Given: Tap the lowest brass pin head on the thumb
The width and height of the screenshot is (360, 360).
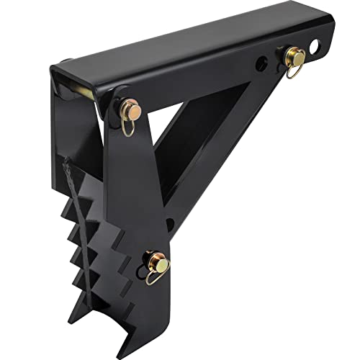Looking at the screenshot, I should point(163,266).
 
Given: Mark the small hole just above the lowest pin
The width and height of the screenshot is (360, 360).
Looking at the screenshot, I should point(168,222).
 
